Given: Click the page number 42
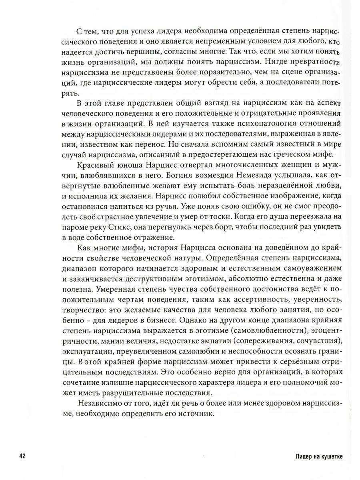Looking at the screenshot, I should (x=22, y=456).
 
